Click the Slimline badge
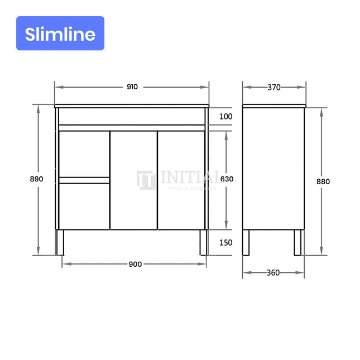(x=60, y=33)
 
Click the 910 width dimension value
(x=132, y=87)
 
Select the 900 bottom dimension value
(x=135, y=264)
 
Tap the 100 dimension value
(x=226, y=117)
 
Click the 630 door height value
(x=226, y=179)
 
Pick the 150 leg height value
(x=226, y=243)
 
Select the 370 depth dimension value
(x=273, y=87)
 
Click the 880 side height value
(x=323, y=181)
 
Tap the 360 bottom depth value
(x=273, y=273)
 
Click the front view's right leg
(x=204, y=242)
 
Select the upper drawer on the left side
(x=84, y=153)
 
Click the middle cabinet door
(x=133, y=180)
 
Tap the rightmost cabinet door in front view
(x=181, y=180)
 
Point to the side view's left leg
(x=246, y=242)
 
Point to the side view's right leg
(x=298, y=242)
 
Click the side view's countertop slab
(x=274, y=105)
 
